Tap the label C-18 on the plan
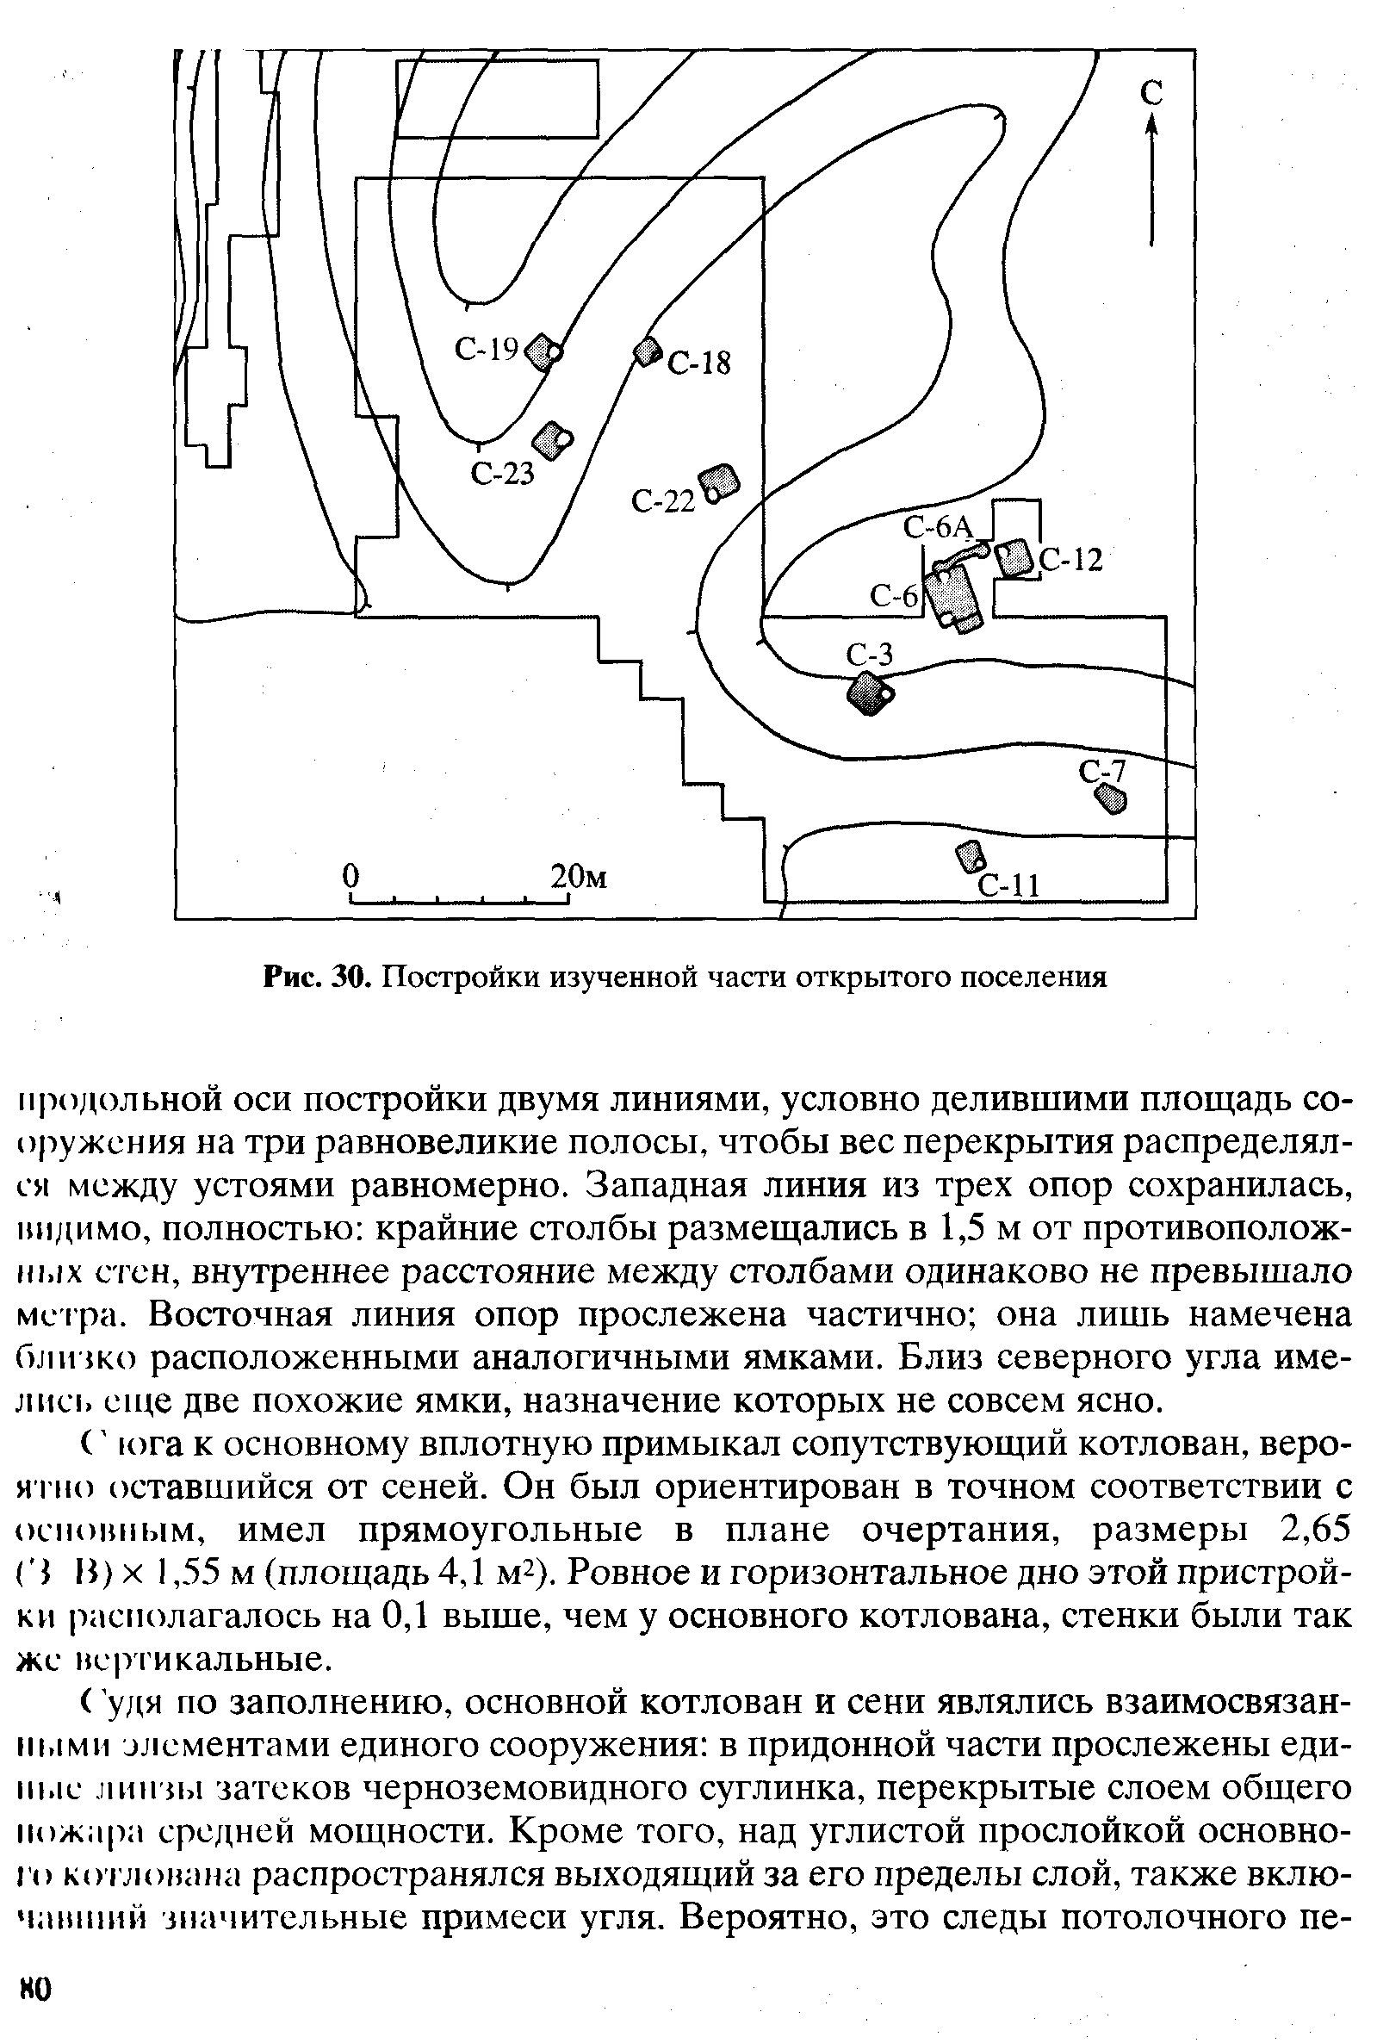click(x=699, y=363)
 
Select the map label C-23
click(x=502, y=474)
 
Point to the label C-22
click(x=663, y=501)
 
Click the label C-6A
click(x=940, y=527)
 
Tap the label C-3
click(x=870, y=654)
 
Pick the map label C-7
click(x=1101, y=771)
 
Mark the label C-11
click(x=1009, y=885)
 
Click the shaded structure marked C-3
click(x=868, y=693)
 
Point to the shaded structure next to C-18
click(x=648, y=351)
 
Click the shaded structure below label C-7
click(x=1111, y=798)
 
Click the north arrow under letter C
click(x=1151, y=180)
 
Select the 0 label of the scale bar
click(x=351, y=876)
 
